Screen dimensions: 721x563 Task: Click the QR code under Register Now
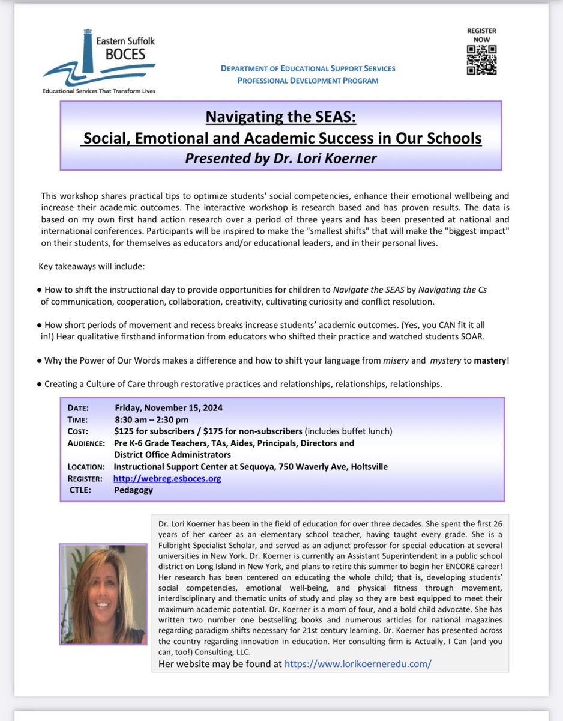click(481, 59)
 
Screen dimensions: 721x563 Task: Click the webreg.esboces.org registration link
click(167, 478)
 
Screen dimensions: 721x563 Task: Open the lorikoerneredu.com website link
click(358, 663)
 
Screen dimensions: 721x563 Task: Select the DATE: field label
click(78, 407)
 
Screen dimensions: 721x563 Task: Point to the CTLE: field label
click(82, 490)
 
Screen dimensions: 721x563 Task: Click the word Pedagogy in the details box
click(133, 490)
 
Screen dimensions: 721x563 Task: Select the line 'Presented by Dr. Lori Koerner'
click(281, 159)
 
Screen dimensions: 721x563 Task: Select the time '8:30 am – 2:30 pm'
click(151, 419)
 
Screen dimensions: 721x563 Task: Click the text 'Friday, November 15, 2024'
click(168, 407)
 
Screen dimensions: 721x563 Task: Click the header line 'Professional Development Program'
click(307, 80)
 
